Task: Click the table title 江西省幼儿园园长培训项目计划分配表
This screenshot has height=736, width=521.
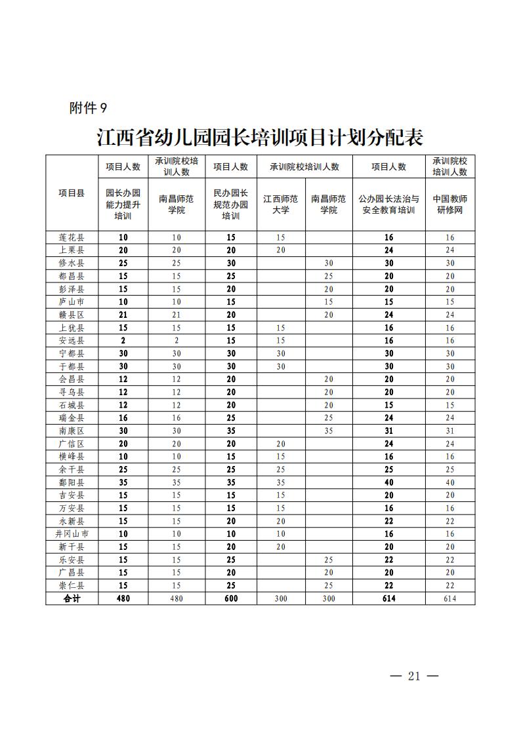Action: (x=260, y=138)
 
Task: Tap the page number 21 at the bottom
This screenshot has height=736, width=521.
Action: (x=413, y=676)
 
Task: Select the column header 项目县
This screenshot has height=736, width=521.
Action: (x=72, y=193)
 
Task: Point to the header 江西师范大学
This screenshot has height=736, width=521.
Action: (x=281, y=204)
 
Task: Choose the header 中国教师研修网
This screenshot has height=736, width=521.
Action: (x=450, y=204)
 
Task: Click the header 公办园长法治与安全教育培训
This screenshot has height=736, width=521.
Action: (x=388, y=204)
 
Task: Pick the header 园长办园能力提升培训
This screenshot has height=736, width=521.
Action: (x=123, y=204)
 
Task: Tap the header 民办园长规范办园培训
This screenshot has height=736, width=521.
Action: (x=231, y=204)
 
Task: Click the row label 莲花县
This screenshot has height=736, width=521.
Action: (x=72, y=237)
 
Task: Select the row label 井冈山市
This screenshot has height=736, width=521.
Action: (x=72, y=534)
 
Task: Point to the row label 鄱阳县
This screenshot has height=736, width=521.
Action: (x=72, y=482)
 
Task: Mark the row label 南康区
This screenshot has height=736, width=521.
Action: (x=72, y=431)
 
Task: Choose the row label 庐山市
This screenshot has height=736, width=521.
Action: (x=72, y=301)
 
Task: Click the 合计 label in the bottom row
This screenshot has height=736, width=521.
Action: (x=72, y=598)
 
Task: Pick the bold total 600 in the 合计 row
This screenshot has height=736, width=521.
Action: (x=231, y=598)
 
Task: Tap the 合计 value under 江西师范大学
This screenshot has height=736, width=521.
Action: (x=281, y=598)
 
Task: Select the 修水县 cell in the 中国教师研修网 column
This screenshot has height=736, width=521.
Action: (x=450, y=263)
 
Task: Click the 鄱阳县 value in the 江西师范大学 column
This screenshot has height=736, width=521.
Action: (x=281, y=482)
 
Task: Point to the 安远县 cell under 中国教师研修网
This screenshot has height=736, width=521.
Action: (x=450, y=340)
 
